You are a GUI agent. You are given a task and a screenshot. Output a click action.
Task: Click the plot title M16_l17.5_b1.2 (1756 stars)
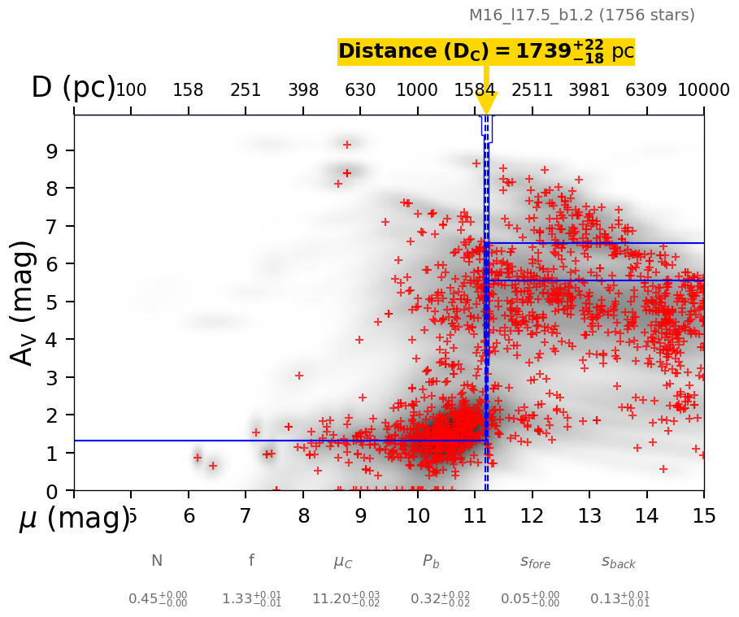[x=581, y=15]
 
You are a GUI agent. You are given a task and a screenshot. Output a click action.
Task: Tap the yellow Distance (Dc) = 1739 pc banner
[x=485, y=51]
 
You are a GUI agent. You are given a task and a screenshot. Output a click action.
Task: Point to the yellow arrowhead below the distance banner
[x=486, y=103]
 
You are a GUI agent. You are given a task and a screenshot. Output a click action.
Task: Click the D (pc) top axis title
[x=73, y=88]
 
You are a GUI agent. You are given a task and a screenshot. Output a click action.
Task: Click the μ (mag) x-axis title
[x=73, y=518]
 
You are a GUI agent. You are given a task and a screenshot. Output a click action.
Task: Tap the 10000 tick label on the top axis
[x=703, y=90]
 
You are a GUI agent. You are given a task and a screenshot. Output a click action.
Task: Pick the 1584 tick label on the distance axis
[x=475, y=90]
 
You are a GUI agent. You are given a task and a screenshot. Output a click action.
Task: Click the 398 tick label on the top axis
[x=302, y=90]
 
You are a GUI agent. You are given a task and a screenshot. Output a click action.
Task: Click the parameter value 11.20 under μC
[x=346, y=599]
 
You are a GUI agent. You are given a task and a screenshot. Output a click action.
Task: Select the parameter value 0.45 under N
[x=158, y=599]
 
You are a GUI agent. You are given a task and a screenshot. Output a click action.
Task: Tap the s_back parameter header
[x=618, y=562]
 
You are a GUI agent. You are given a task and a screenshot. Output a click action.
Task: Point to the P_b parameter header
[x=431, y=562]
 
